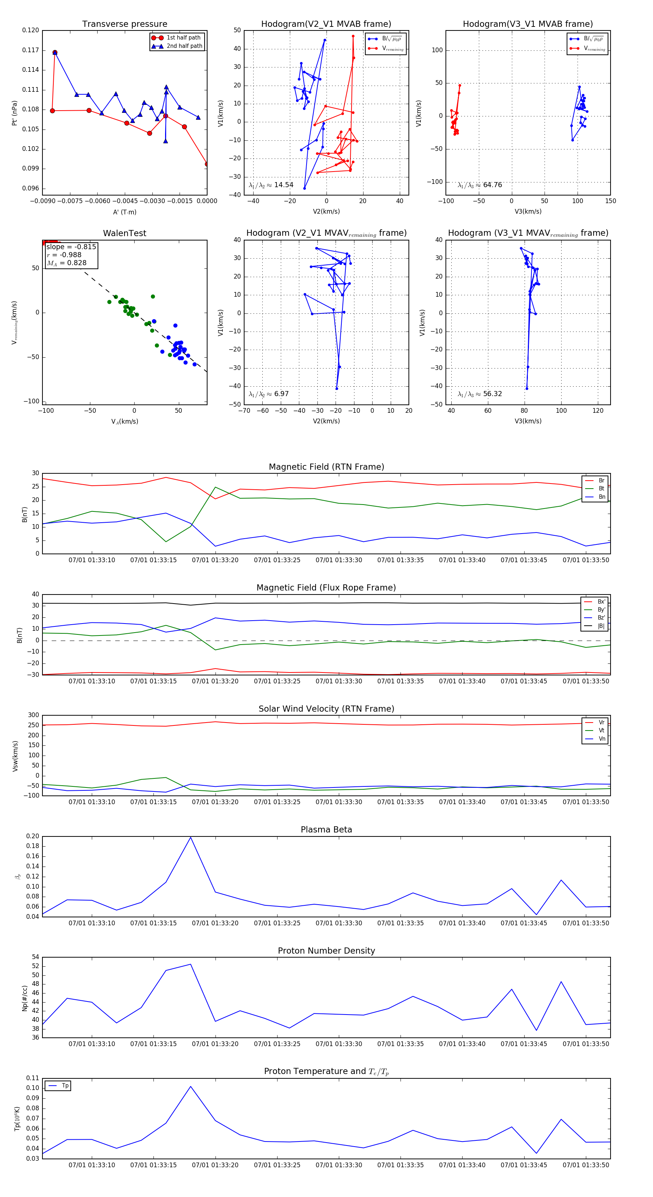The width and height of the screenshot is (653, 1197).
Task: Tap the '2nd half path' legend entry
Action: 184,46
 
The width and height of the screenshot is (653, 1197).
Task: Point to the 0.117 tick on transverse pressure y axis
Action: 31,50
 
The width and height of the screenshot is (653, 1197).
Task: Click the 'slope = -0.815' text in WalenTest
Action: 71,247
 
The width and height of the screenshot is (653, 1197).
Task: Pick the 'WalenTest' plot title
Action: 124,233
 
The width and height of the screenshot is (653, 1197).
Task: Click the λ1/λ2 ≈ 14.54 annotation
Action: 271,185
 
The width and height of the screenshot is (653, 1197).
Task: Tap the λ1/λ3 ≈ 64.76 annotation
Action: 480,185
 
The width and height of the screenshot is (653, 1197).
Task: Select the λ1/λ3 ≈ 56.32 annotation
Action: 480,394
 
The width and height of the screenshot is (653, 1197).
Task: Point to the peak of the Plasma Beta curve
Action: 190,837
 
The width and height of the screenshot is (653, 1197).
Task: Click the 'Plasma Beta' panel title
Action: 326,830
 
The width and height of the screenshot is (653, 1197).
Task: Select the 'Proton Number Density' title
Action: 326,951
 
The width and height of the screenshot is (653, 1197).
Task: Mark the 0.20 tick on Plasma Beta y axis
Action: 33,836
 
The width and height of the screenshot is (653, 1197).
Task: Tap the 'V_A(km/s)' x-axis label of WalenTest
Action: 124,421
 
